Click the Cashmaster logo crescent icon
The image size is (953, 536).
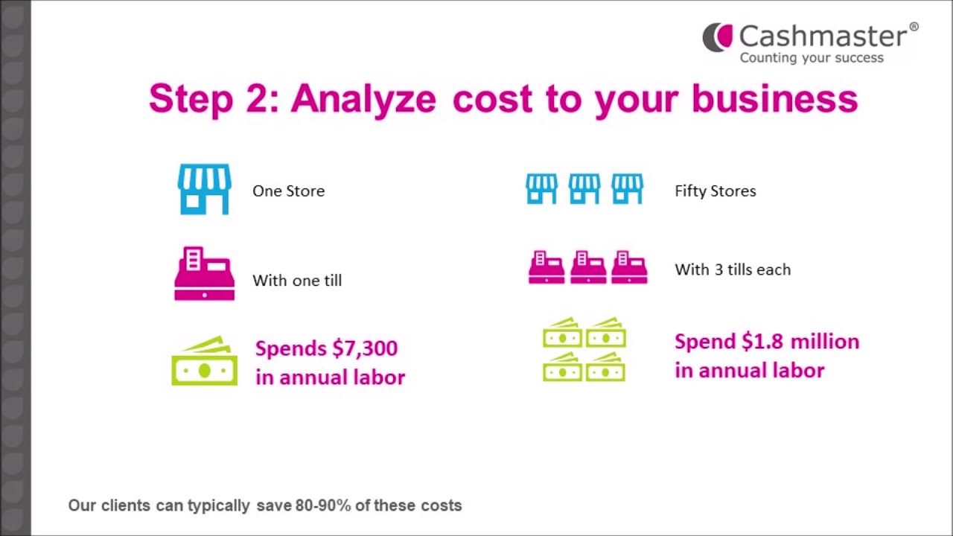pos(717,37)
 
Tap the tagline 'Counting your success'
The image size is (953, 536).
pos(812,58)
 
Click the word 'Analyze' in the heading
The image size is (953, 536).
pos(363,99)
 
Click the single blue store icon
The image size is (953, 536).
pos(204,190)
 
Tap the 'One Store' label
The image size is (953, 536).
pos(288,191)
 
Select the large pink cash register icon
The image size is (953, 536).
pos(204,274)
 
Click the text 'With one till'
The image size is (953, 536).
pos(297,281)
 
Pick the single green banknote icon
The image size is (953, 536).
pos(204,363)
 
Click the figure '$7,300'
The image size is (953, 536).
pos(365,348)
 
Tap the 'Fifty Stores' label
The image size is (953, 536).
pos(715,191)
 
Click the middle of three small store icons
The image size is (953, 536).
pos(584,189)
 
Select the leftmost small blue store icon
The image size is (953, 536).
pos(541,189)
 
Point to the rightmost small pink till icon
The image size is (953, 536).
pos(628,268)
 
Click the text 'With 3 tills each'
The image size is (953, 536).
pos(733,269)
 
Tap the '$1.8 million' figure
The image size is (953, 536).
pos(800,342)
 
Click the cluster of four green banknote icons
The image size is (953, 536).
pos(584,350)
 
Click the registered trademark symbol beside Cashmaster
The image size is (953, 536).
pos(914,28)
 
